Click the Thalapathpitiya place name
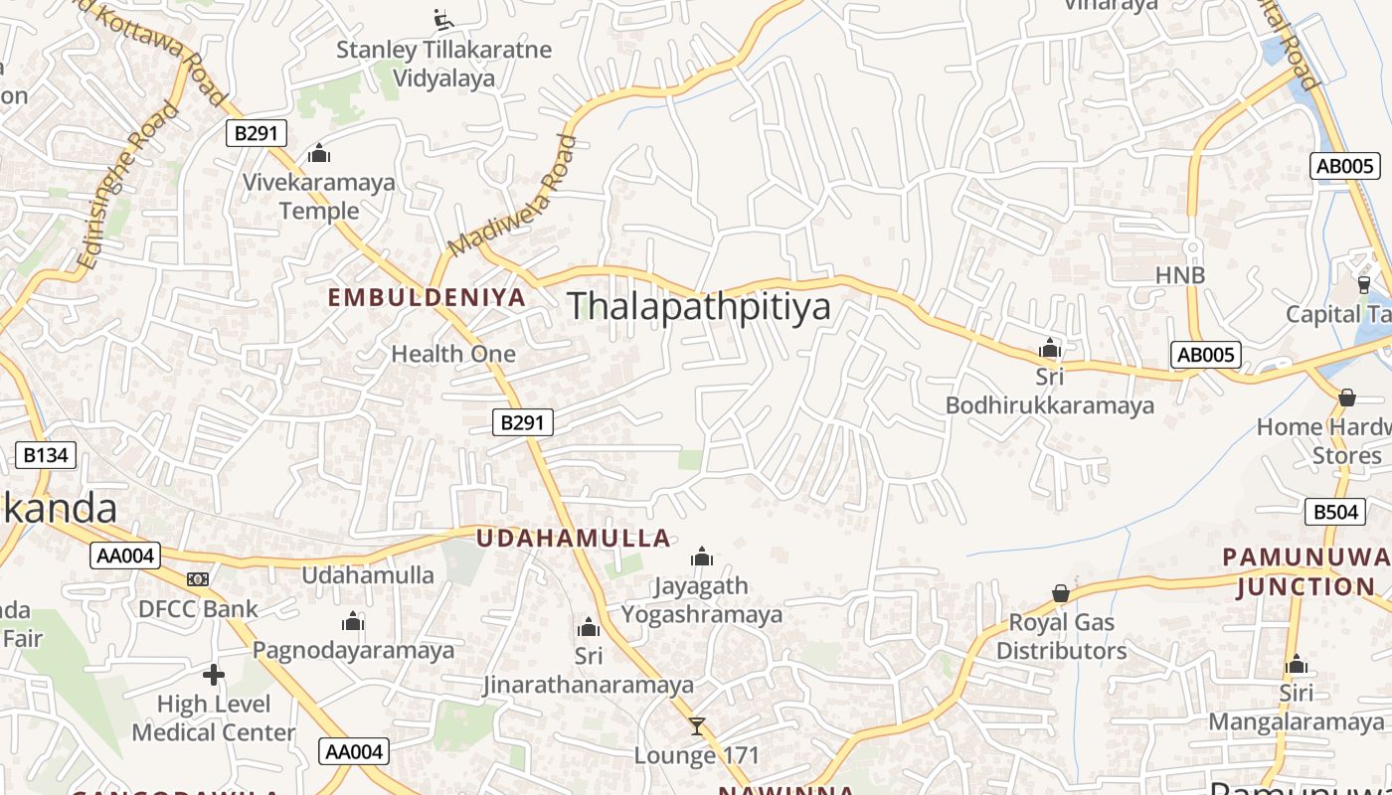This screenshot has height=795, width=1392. click(699, 307)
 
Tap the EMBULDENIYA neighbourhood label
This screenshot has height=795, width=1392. click(427, 297)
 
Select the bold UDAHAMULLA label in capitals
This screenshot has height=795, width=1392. click(574, 539)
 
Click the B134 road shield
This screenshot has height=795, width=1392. click(46, 456)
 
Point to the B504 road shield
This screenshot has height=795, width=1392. click(1334, 512)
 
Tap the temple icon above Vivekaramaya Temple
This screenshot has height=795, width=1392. click(319, 154)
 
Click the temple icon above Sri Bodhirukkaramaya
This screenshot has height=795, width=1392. click(1050, 349)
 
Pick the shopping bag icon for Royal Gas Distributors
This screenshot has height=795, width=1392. click(1061, 593)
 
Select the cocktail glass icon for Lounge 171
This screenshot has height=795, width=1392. click(697, 726)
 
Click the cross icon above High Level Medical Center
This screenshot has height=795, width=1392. click(214, 676)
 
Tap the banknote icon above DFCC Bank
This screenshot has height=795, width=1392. click(198, 578)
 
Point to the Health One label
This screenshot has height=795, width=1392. click(453, 354)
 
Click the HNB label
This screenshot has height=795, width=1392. click(1180, 275)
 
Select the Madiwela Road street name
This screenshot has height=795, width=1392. click(512, 196)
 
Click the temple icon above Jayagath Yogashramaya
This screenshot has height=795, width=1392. click(702, 556)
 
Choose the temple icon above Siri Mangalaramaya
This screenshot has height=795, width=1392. click(1296, 664)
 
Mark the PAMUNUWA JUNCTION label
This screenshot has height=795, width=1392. click(1305, 571)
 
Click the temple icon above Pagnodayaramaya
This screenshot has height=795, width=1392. click(353, 622)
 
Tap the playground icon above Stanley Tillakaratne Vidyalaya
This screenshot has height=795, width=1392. click(443, 19)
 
